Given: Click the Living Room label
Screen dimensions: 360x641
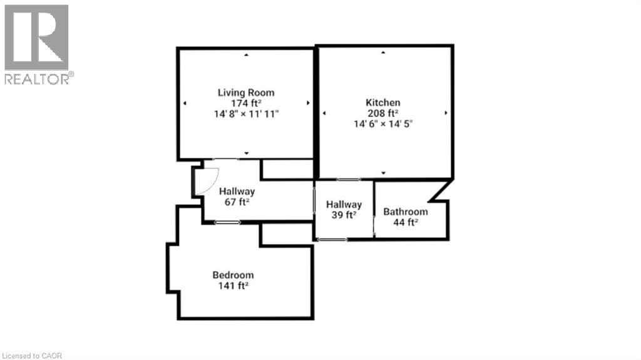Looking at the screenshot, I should point(245,93).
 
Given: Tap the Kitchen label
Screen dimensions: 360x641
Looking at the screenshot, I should point(383,103).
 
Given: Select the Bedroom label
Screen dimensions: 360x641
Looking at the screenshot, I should point(233,275).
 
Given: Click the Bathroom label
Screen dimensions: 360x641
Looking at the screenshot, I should point(406,212).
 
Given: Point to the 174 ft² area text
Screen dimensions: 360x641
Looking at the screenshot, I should point(245,103).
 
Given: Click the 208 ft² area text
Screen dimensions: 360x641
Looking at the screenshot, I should point(383,113).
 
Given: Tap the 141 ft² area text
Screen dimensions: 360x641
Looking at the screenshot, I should point(233,285).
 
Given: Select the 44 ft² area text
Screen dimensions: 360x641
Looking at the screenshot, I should point(406,222).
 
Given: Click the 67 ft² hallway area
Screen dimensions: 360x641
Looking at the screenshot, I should point(237,202).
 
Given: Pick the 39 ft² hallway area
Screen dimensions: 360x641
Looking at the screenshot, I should point(344,215).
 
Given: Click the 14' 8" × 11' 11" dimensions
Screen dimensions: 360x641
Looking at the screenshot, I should point(245,114).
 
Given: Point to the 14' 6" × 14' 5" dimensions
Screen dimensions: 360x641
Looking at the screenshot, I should point(383,124).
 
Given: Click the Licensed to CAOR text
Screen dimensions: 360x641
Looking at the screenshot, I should point(32,356).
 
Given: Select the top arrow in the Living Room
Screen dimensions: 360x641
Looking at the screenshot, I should point(246,55).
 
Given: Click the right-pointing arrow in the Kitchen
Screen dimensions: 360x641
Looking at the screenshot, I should point(446,113).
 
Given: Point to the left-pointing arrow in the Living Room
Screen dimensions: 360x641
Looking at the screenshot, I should point(185,103).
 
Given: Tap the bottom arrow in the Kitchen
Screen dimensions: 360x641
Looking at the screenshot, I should point(384,173).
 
